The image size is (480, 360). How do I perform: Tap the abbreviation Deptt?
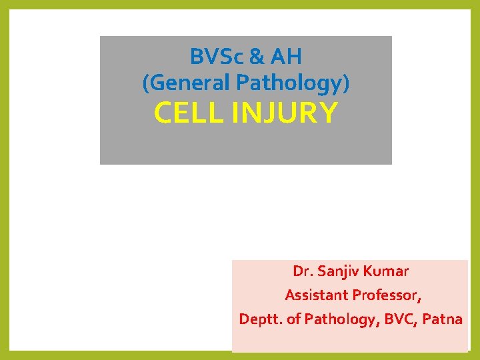(261, 319)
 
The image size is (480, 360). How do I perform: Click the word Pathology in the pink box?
(339, 319)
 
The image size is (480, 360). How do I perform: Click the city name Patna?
(442, 319)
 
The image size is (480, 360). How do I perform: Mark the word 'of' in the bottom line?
(294, 319)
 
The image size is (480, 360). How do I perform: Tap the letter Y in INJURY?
(329, 114)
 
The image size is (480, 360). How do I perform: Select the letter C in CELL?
(163, 114)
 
